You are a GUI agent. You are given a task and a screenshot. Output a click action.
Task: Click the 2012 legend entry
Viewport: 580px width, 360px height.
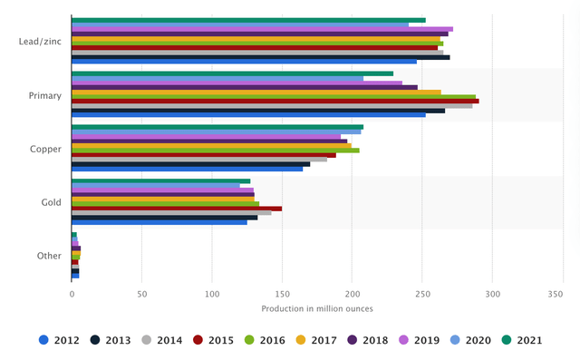pos(60,340)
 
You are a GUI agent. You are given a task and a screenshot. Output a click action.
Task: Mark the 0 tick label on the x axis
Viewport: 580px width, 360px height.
pos(72,294)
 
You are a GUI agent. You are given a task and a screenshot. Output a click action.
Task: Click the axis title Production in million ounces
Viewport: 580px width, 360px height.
pos(317,308)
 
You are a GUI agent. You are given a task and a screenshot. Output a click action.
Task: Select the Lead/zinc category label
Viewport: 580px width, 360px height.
pos(40,42)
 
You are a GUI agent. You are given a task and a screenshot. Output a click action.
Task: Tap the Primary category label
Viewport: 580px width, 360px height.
pos(45,95)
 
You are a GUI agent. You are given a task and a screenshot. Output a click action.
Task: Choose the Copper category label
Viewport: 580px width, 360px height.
pos(46,149)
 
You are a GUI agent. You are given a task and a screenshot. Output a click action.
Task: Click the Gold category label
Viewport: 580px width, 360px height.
pos(51,202)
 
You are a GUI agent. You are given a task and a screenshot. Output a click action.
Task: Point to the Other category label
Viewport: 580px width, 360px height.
pos(49,256)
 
